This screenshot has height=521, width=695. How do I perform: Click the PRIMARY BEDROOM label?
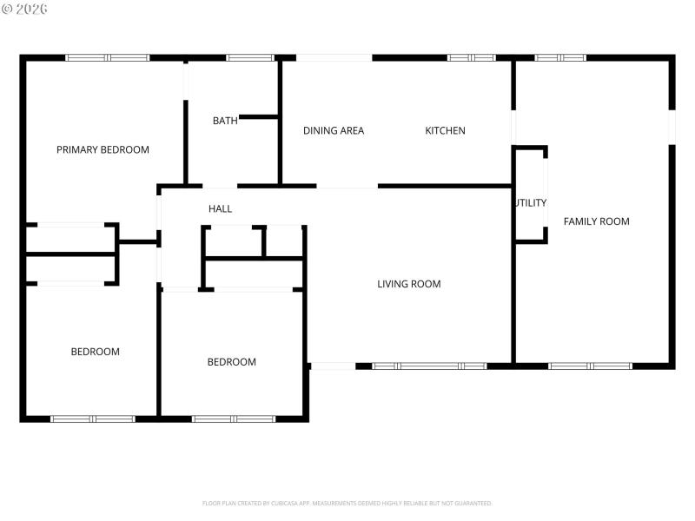[x=103, y=149]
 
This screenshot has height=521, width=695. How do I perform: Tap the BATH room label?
[x=225, y=121]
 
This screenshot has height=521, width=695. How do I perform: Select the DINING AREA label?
[x=334, y=131]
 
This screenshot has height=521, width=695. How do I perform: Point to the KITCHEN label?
[x=445, y=131]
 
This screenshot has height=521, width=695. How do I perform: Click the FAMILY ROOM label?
[x=596, y=221]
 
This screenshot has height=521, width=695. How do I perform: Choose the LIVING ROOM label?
[x=408, y=284]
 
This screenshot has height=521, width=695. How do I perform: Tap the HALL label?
[x=220, y=209]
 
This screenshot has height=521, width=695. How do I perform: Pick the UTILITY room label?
[x=530, y=203]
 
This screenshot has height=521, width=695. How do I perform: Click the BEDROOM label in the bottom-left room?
[x=95, y=352]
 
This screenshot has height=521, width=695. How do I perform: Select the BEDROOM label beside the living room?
[x=231, y=362]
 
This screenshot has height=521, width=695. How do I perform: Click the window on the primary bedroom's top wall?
[x=108, y=58]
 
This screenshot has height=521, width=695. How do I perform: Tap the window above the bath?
[x=250, y=58]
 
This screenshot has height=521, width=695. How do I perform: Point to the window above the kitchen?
[x=471, y=58]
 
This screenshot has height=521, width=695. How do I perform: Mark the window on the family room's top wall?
[x=559, y=58]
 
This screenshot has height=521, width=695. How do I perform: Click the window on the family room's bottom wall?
[x=590, y=366]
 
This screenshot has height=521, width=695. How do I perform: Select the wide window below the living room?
[x=429, y=366]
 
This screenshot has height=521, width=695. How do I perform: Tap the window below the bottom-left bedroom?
[x=93, y=419]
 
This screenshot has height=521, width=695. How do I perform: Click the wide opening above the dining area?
[x=334, y=58]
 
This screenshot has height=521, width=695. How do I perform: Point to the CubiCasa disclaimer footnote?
[x=347, y=503]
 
